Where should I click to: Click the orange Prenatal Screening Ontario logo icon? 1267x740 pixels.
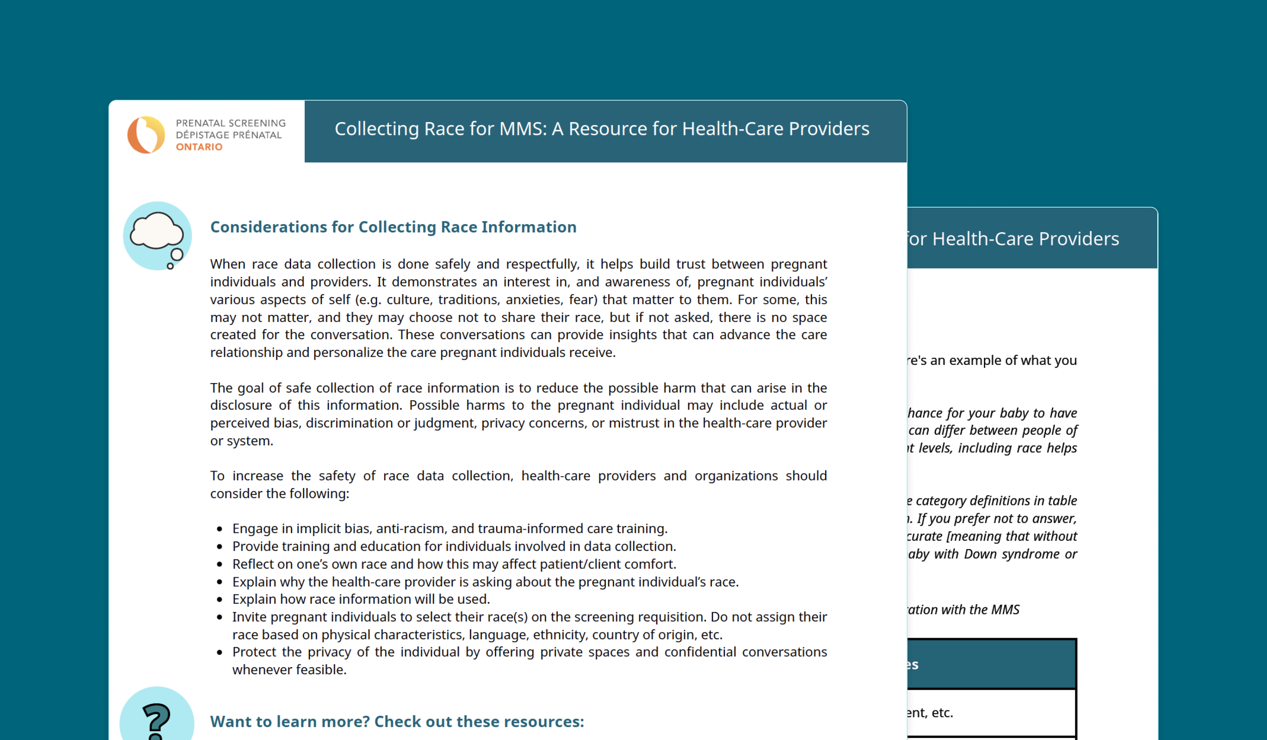146,135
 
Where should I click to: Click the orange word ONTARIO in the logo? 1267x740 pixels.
199,147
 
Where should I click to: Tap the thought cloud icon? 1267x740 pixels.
157,235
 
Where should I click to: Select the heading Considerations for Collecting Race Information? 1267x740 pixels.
393,227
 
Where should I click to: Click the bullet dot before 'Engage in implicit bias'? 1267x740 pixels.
220,529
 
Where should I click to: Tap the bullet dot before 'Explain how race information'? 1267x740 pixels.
220,600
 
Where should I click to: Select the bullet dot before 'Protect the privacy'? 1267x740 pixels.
220,652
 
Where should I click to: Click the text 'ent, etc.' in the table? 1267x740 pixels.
930,712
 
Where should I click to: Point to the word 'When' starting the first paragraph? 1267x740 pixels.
228,264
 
